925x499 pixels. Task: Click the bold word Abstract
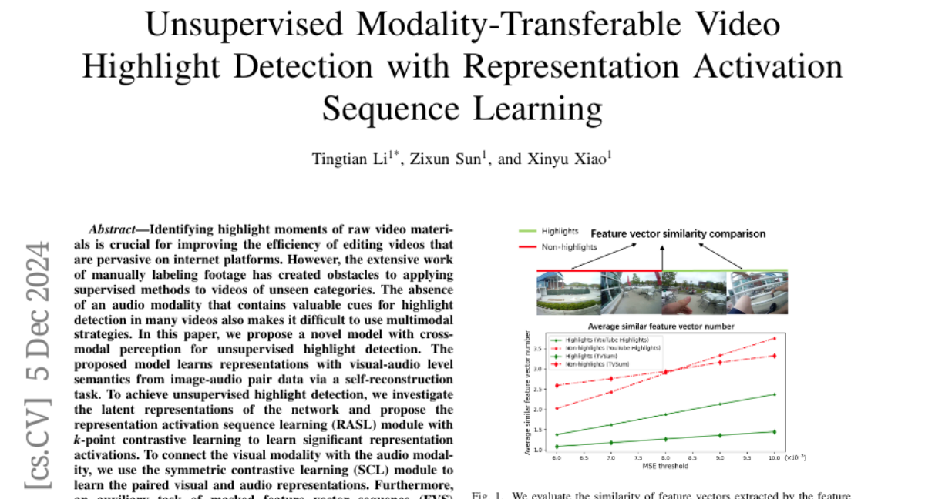(x=116, y=229)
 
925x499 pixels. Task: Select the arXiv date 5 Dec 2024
(x=38, y=309)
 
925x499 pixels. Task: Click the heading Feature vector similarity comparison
(x=678, y=234)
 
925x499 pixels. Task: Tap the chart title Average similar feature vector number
(x=663, y=326)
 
